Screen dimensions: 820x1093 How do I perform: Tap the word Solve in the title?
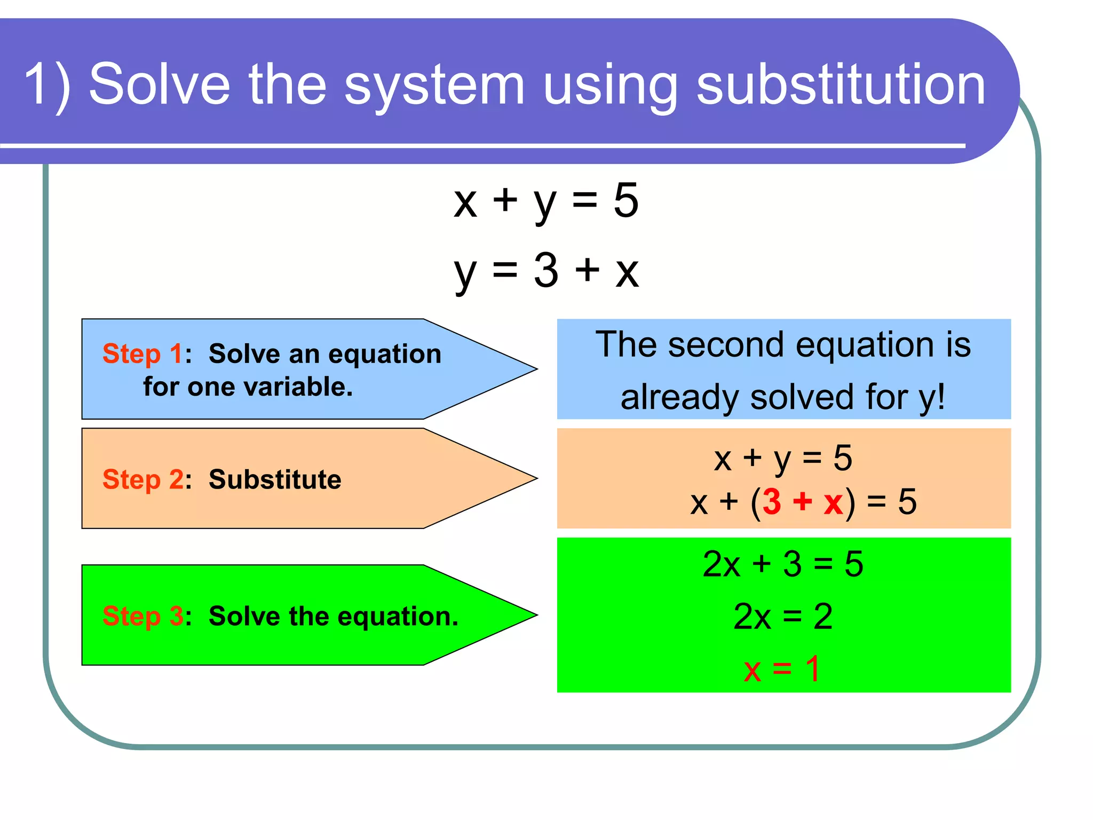coord(159,84)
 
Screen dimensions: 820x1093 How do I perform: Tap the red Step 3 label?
coord(142,616)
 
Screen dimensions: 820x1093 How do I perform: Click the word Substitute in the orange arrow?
coord(274,479)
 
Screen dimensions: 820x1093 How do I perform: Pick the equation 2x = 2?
coord(782,617)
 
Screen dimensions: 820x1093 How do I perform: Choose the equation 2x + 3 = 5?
coord(782,564)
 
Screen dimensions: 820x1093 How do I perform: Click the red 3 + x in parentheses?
coord(803,502)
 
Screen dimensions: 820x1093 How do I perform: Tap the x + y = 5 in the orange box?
coord(782,458)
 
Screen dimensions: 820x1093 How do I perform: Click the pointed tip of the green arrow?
coord(535,615)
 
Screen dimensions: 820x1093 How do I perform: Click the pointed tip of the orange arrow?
coord(535,478)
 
